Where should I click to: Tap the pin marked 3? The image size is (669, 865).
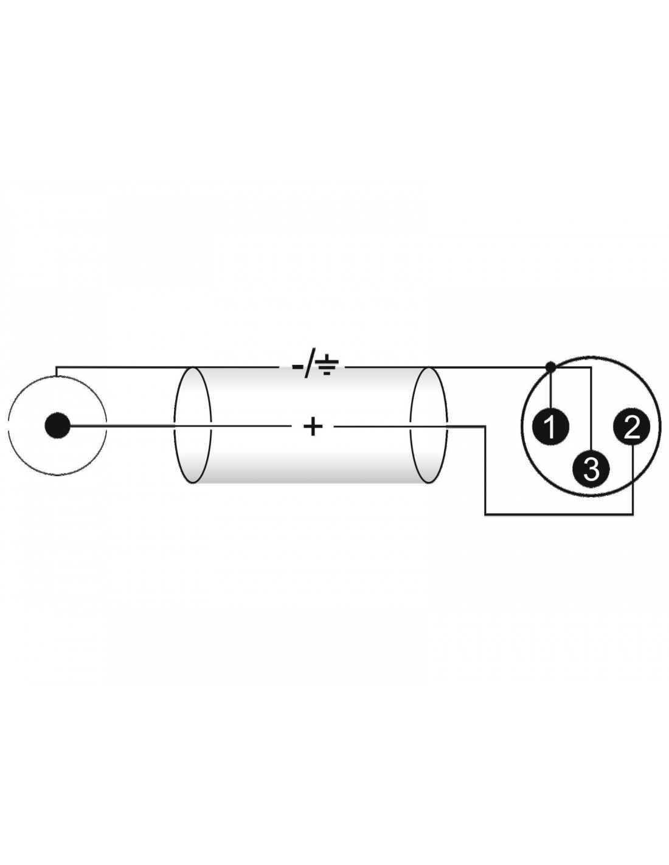coord(591,469)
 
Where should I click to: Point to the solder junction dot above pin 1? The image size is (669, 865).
coord(550,367)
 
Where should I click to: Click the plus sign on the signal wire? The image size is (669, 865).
coord(313,427)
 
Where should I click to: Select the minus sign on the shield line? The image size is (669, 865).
coord(299,367)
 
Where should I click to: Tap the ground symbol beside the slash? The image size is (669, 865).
coord(328,367)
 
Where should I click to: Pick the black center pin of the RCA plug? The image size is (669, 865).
coord(57,426)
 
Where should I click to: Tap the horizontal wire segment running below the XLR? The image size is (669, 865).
coord(560,515)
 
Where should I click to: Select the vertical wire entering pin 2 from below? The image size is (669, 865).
coord(633,481)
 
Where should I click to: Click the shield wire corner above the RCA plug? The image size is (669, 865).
coord(57,367)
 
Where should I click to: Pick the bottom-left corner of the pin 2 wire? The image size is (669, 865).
coord(485,515)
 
